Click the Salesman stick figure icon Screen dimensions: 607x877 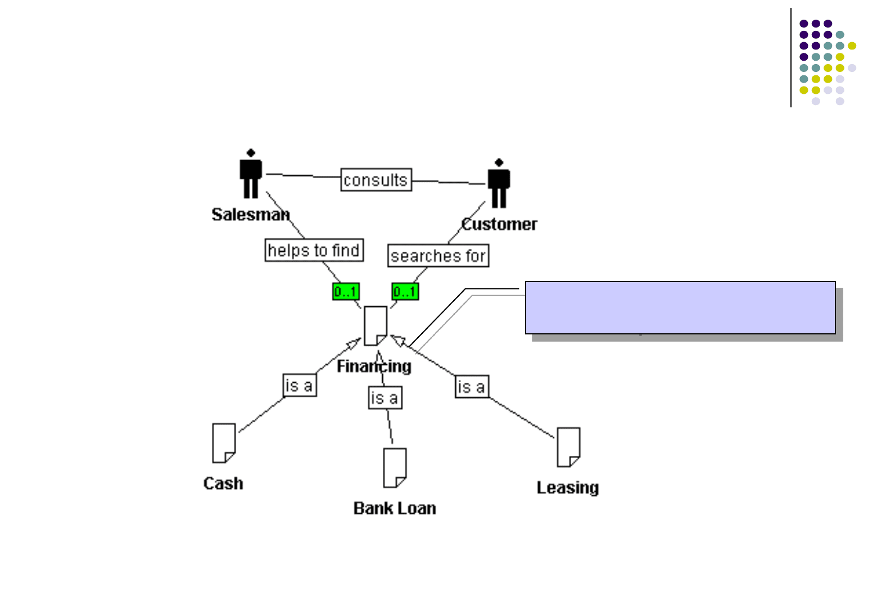[251, 174]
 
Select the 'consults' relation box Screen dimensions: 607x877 [376, 180]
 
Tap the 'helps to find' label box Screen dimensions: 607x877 [314, 250]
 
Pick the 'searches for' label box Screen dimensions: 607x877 [438, 256]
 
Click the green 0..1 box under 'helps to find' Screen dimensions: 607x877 [346, 292]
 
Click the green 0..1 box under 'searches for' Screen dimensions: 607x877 [405, 292]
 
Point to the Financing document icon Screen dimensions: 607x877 [376, 326]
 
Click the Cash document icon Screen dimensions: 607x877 [224, 443]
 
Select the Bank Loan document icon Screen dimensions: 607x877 [395, 468]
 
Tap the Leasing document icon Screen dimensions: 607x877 [568, 447]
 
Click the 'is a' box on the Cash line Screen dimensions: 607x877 [300, 386]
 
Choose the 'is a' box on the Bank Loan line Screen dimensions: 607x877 [385, 398]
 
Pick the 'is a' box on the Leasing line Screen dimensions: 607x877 [472, 387]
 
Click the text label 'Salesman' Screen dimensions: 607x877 [250, 215]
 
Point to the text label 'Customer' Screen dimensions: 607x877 [499, 224]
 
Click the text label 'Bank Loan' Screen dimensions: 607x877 [395, 509]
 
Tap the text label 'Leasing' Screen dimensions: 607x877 [568, 488]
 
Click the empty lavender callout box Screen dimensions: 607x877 [680, 307]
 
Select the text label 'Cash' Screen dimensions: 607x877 [223, 484]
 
